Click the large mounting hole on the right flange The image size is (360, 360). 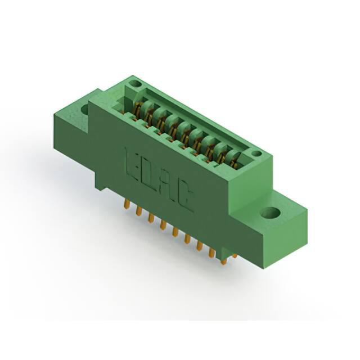point(271,213)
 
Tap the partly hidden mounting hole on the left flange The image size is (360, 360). point(85,110)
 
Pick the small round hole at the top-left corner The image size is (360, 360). point(135,84)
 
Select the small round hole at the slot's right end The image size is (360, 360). point(256,154)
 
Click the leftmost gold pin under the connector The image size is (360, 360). point(126,204)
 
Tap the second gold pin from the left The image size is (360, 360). point(138,211)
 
